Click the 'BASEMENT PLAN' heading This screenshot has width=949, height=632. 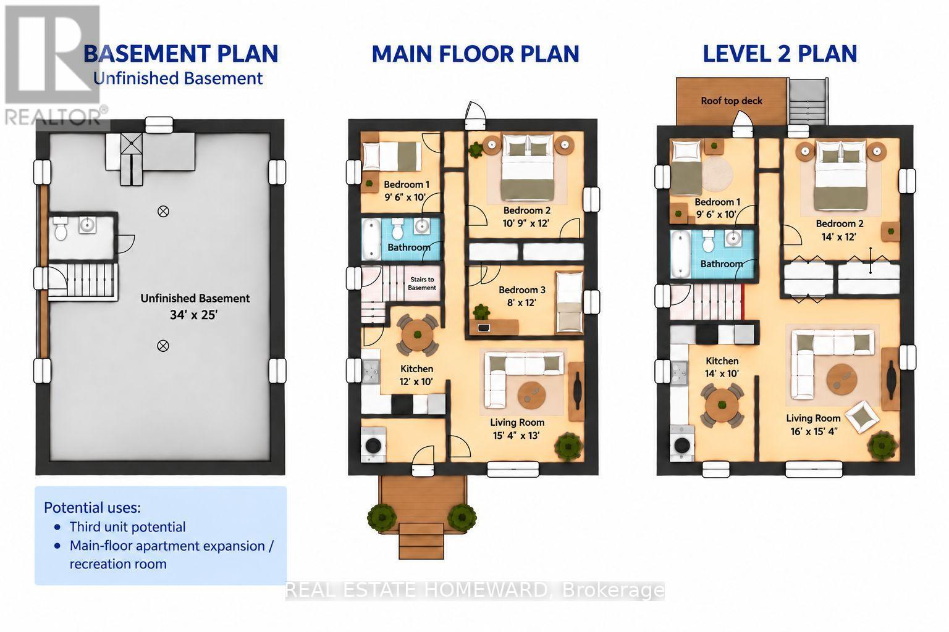pyautogui.click(x=181, y=54)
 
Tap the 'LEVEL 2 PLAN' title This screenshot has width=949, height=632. pyautogui.click(x=780, y=54)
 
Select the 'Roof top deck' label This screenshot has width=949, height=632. pyautogui.click(x=732, y=101)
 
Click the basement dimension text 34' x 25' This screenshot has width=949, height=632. pyautogui.click(x=193, y=315)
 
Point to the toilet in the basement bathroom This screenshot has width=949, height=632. pyautogui.click(x=61, y=229)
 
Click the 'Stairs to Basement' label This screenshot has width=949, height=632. pyautogui.click(x=422, y=284)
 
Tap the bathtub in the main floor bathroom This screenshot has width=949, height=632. pyautogui.click(x=371, y=238)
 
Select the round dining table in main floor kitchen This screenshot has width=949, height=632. pyautogui.click(x=417, y=335)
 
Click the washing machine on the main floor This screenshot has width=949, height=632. pyautogui.click(x=373, y=444)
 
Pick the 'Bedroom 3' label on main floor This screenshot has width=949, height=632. pyautogui.click(x=522, y=290)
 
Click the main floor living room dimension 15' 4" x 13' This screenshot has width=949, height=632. pyautogui.click(x=516, y=435)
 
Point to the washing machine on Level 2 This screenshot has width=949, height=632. pyautogui.click(x=682, y=444)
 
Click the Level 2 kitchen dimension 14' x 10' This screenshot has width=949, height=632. pyautogui.click(x=722, y=373)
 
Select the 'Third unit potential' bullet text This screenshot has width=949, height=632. pyautogui.click(x=127, y=527)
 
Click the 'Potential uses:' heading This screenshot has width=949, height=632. pyautogui.click(x=92, y=507)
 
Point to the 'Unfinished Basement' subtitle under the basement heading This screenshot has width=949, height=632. pyautogui.click(x=178, y=78)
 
